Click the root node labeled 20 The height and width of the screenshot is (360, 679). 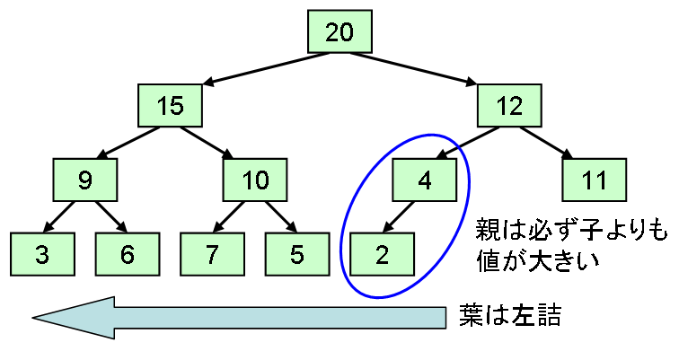(x=339, y=31)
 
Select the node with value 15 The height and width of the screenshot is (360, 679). (x=170, y=106)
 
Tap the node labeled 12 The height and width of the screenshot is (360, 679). (x=509, y=106)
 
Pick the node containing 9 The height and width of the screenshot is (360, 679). (x=85, y=180)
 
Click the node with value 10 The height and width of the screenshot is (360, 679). (x=255, y=180)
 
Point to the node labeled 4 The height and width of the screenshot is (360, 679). (x=424, y=180)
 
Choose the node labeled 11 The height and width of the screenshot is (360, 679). (x=595, y=180)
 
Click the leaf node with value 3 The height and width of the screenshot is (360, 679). (x=42, y=254)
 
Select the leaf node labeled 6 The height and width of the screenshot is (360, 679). (x=128, y=254)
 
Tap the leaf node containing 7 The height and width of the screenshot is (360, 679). (x=212, y=254)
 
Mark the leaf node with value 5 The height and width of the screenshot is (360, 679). (x=297, y=254)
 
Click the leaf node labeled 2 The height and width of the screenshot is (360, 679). (x=382, y=254)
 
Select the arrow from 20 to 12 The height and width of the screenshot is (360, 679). (x=413, y=68)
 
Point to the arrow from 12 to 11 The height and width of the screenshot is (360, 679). (x=546, y=143)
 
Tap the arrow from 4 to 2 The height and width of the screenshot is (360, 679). (x=399, y=217)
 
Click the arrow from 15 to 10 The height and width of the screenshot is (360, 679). (x=207, y=143)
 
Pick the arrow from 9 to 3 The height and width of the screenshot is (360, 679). (x=59, y=217)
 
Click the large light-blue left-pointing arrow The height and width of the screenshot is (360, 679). (x=239, y=318)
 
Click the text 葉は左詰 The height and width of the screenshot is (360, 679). (x=509, y=315)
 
